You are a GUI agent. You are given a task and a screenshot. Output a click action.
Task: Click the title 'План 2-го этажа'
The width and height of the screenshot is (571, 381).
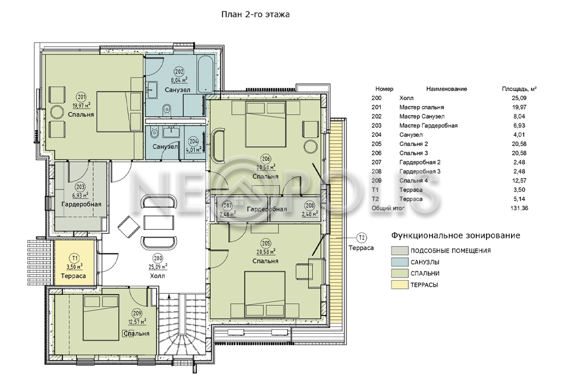pos(255,15)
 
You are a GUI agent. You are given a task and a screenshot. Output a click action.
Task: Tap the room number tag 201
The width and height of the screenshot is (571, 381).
pos(81,97)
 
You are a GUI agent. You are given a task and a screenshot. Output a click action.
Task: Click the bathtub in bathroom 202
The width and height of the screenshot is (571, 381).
pos(206,74)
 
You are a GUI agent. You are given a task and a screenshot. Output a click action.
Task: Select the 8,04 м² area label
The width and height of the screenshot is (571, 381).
pos(179,80)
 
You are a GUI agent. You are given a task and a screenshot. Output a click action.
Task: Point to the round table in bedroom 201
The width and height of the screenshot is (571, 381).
pos(57,112)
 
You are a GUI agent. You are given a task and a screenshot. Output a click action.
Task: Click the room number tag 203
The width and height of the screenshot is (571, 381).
pos(80,187)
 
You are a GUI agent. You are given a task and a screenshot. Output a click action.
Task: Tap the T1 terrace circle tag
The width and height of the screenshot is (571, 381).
pos(75,258)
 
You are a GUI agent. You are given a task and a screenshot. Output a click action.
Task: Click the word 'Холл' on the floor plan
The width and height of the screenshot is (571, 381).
pos(158,276)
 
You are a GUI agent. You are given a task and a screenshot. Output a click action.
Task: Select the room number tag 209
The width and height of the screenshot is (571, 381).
pos(137,313)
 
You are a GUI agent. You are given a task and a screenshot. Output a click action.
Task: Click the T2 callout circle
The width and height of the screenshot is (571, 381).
pos(362,238)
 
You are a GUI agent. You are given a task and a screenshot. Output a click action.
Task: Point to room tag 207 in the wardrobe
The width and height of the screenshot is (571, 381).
pos(227,205)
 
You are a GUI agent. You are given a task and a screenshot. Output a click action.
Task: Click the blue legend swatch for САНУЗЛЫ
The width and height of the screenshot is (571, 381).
pos(400,262)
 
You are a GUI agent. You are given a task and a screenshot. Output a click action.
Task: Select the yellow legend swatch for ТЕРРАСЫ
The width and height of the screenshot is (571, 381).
pos(400,285)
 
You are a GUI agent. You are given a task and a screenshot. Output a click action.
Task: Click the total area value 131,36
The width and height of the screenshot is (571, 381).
pos(519,208)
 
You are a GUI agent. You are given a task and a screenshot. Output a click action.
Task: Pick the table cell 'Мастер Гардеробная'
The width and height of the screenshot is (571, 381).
pos(428,126)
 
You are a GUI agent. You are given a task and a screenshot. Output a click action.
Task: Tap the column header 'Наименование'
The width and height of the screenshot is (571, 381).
pos(447,89)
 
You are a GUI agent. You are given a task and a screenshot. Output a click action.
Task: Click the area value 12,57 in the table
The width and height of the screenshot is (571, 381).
pos(519,180)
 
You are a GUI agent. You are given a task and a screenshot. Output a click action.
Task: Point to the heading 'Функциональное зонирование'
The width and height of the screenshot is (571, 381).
pos(455,235)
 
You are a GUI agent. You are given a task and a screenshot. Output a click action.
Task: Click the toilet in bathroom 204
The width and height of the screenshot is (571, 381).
pos(154,132)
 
